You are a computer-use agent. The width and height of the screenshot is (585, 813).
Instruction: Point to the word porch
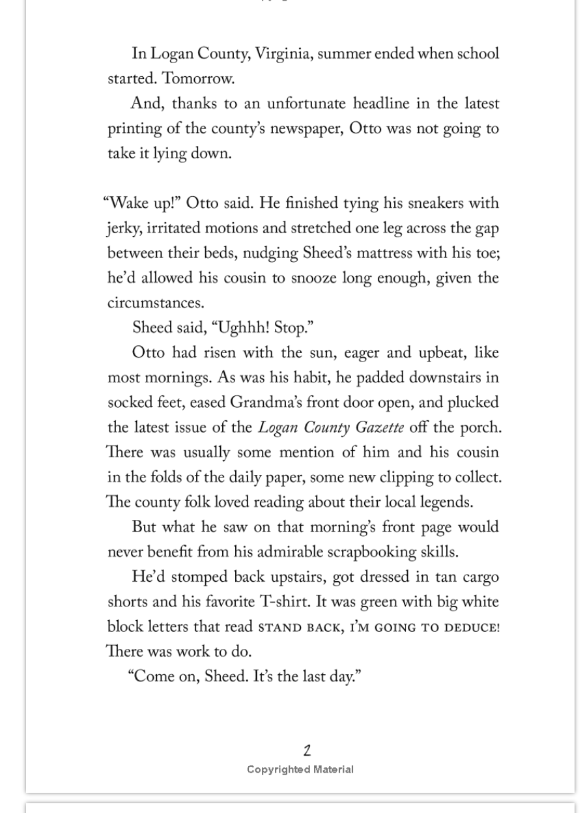pyautogui.click(x=481, y=428)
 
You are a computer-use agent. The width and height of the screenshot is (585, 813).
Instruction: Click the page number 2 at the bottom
pyautogui.click(x=307, y=750)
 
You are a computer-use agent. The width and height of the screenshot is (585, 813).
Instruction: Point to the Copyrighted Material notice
pyautogui.click(x=300, y=769)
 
